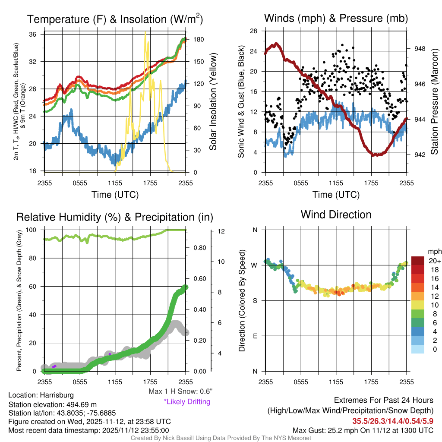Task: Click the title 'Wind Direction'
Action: tap(336, 215)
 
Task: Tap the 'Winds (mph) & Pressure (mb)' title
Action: tap(336, 19)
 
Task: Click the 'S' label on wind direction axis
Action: tap(255, 300)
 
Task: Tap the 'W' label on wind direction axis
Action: tap(255, 265)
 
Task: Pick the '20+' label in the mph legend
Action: tap(434, 261)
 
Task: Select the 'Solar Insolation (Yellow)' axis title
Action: tap(213, 102)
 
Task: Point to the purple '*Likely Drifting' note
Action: tap(187, 402)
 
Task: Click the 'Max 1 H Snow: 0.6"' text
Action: tap(180, 391)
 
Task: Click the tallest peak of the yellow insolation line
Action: tap(145, 32)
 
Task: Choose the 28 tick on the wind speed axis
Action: tap(254, 31)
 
